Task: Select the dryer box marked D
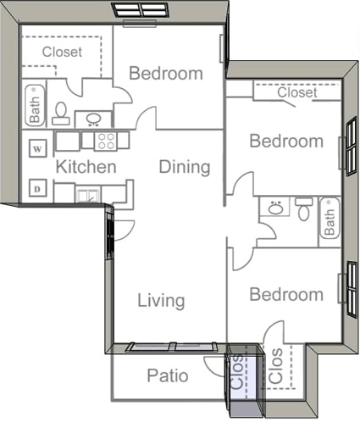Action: [x=37, y=188]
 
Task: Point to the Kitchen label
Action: [x=86, y=167]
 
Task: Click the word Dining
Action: [x=185, y=167]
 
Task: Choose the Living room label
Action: [x=161, y=301]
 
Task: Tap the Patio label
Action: [x=167, y=375]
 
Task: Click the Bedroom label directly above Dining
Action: [x=165, y=74]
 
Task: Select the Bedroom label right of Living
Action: [x=285, y=295]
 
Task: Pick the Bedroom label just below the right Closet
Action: [x=285, y=141]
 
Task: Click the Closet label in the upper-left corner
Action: [x=63, y=52]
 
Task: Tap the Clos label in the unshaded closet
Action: [x=276, y=367]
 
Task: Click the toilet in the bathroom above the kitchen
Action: [x=60, y=112]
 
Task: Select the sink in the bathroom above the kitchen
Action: [x=93, y=119]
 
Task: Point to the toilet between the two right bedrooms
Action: [x=303, y=208]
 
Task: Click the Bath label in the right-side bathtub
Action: [x=330, y=222]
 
